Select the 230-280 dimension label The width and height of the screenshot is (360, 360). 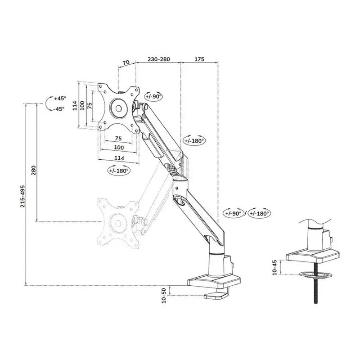coord(158,59)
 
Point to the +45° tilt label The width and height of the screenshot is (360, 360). coord(60,98)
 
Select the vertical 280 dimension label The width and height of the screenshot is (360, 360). coord(33,171)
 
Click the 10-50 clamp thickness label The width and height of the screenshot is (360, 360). coord(165,296)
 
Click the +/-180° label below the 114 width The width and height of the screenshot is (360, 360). coord(119,171)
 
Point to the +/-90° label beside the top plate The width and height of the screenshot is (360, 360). coord(153,96)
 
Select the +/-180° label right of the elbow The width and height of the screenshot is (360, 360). coord(194,140)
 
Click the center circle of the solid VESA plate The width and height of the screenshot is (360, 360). coord(118,108)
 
